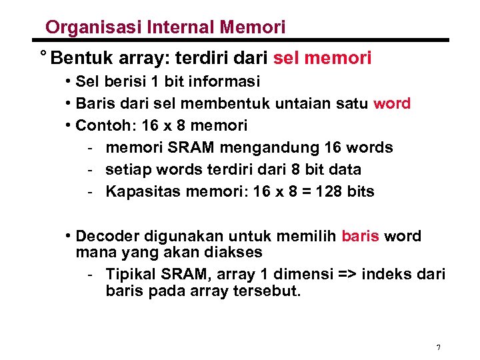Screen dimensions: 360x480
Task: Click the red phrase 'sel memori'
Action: pos(323,59)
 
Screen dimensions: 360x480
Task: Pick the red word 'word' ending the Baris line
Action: pos(392,103)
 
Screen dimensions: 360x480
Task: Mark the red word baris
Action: pos(360,236)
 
